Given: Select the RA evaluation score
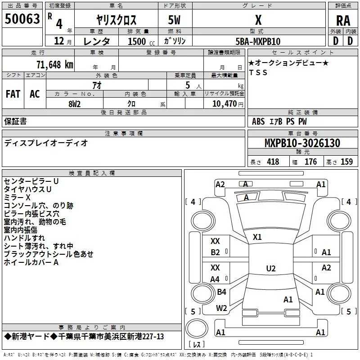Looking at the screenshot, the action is (x=343, y=20).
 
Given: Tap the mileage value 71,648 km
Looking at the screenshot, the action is (x=53, y=64).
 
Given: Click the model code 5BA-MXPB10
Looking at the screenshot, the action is (x=258, y=41).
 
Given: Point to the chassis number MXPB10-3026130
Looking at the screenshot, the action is (x=302, y=143).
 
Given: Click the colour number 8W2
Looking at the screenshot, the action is (x=74, y=103).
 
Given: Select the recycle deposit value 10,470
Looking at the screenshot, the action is (x=224, y=103).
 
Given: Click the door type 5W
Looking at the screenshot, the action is (x=174, y=20).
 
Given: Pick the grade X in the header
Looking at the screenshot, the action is (x=258, y=20).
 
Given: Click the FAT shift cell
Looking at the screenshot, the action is (x=13, y=94).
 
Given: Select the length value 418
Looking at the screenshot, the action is (x=273, y=162).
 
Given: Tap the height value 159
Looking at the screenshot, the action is (x=346, y=162).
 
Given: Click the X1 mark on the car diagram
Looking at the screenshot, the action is (x=257, y=237).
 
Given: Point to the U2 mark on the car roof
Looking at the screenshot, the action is (x=270, y=269).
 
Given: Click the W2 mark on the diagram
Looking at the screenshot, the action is (x=221, y=308).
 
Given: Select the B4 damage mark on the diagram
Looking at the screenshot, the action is (x=221, y=292).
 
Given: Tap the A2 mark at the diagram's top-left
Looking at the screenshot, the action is (x=220, y=184).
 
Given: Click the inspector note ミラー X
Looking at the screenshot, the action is (x=17, y=198).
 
